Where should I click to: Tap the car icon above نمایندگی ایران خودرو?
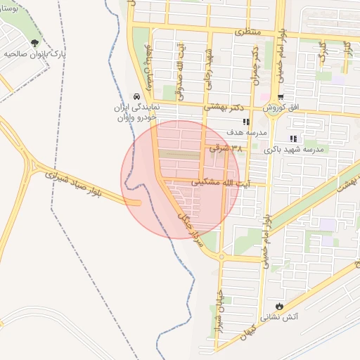(x=136, y=96)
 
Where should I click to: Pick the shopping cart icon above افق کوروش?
(x=281, y=97)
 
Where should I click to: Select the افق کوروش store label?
(x=282, y=109)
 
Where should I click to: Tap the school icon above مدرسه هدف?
(x=245, y=122)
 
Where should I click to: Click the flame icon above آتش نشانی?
(x=281, y=307)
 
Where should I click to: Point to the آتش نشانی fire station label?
(x=280, y=318)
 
